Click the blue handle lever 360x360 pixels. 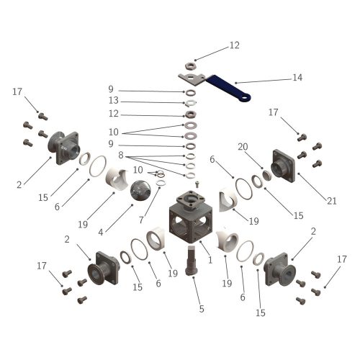228,88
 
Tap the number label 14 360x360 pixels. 297,78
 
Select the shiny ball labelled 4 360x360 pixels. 140,190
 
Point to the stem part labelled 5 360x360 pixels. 192,261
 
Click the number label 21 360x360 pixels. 332,201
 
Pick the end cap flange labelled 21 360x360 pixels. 283,166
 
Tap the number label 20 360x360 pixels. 243,146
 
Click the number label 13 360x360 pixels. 114,100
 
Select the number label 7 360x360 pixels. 141,220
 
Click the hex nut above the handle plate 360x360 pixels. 191,66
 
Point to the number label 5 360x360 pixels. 202,309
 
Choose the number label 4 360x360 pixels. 101,232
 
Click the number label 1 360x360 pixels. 210,260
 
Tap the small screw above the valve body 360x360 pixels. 197,184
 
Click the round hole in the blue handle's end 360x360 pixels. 244,98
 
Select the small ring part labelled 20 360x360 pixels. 266,175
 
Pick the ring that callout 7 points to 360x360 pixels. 161,184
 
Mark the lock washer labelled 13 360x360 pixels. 191,103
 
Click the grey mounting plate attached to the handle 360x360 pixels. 192,78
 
